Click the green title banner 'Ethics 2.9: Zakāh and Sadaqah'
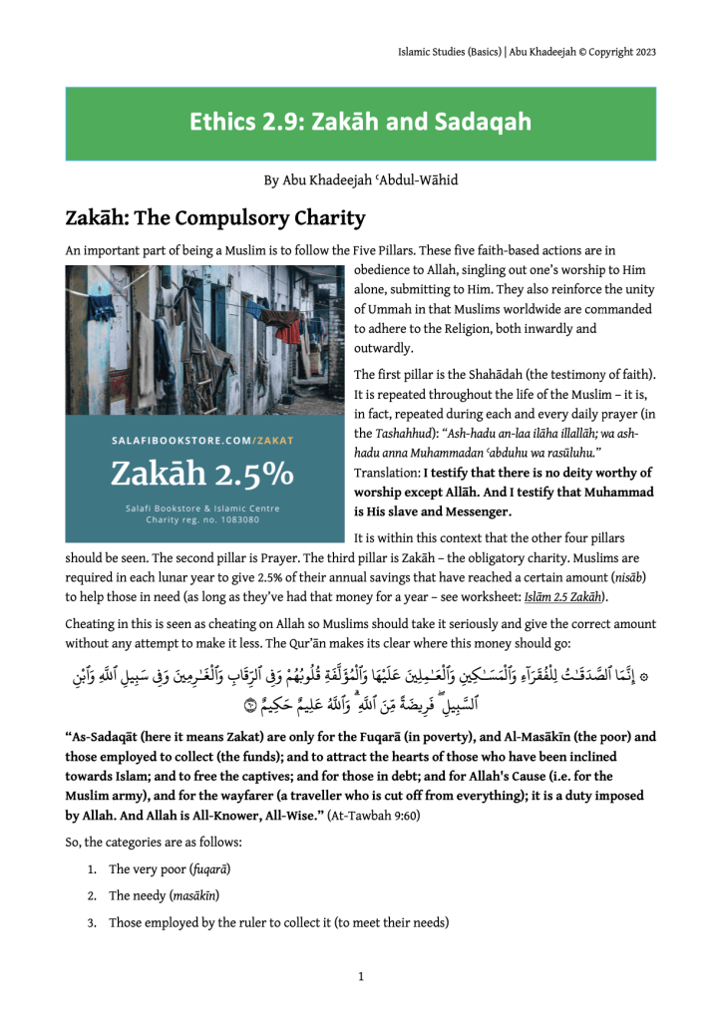click(x=360, y=123)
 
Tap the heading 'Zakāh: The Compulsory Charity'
click(x=215, y=217)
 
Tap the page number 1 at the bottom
click(x=360, y=976)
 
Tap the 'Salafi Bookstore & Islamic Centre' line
click(x=202, y=508)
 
